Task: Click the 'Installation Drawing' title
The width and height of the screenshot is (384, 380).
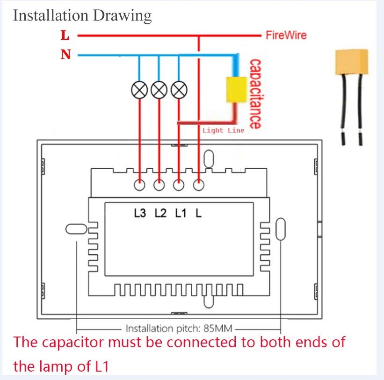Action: [x=82, y=15]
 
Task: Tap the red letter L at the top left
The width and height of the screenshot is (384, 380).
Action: [x=65, y=35]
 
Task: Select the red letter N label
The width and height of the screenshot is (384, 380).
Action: [x=65, y=55]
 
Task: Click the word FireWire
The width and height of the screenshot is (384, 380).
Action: [x=286, y=35]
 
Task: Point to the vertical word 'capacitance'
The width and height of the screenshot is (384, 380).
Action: [x=255, y=93]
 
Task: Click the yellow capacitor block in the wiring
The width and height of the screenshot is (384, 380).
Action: [x=236, y=89]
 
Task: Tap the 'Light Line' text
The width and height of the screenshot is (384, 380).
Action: [x=223, y=130]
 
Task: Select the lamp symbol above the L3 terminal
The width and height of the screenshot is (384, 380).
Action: [x=139, y=89]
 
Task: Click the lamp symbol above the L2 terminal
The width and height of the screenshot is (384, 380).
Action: [x=159, y=89]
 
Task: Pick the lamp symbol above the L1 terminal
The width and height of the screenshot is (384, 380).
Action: [x=179, y=89]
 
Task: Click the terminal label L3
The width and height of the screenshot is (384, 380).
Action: [x=140, y=213]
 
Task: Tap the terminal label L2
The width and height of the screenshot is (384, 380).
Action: [x=160, y=213]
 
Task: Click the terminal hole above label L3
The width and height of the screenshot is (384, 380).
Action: [x=139, y=185]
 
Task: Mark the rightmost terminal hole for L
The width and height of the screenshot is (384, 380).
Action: [x=199, y=185]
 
